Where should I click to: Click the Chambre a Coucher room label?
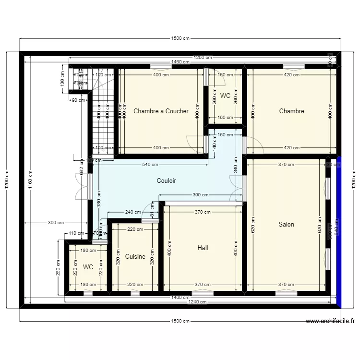[x=161, y=111]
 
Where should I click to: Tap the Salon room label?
[x=286, y=224]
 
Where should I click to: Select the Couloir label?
[x=166, y=181]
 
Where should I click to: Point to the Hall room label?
[x=203, y=248]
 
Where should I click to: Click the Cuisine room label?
[x=135, y=257]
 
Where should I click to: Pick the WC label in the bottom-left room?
[x=88, y=267]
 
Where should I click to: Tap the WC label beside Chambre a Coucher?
[x=225, y=96]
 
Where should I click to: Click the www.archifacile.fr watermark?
[x=330, y=321]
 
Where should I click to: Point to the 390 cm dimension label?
[x=201, y=195]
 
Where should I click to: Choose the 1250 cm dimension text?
[x=202, y=58]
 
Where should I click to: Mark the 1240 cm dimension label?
[x=197, y=302]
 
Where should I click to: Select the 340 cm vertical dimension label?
[x=236, y=169]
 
